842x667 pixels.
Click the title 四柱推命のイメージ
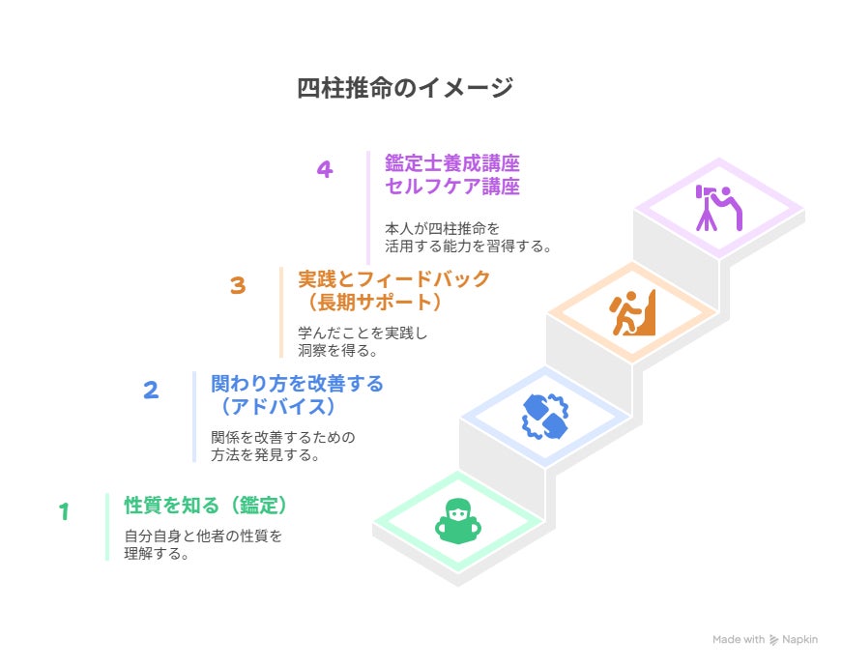[x=405, y=88]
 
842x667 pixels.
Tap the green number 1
[x=65, y=511]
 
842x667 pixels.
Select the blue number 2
[x=151, y=390]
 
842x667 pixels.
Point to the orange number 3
[x=238, y=285]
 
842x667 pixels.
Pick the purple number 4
[x=325, y=169]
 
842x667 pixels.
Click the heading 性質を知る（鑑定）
[x=206, y=506]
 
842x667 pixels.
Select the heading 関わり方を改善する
[x=297, y=384]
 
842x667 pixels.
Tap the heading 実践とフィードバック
[x=393, y=279]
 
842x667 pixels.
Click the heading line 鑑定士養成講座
[x=452, y=163]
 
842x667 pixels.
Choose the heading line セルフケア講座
[x=452, y=187]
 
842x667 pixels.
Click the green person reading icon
[x=457, y=521]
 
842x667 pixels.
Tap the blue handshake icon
[x=545, y=417]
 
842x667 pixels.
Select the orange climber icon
[x=632, y=312]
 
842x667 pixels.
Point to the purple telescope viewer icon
[x=719, y=209]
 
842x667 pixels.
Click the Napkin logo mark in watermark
[x=773, y=640]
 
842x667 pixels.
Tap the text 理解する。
[x=157, y=553]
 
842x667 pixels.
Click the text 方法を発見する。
[x=265, y=455]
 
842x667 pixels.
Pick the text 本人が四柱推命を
[x=442, y=229]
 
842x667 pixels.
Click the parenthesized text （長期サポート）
[x=374, y=303]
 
